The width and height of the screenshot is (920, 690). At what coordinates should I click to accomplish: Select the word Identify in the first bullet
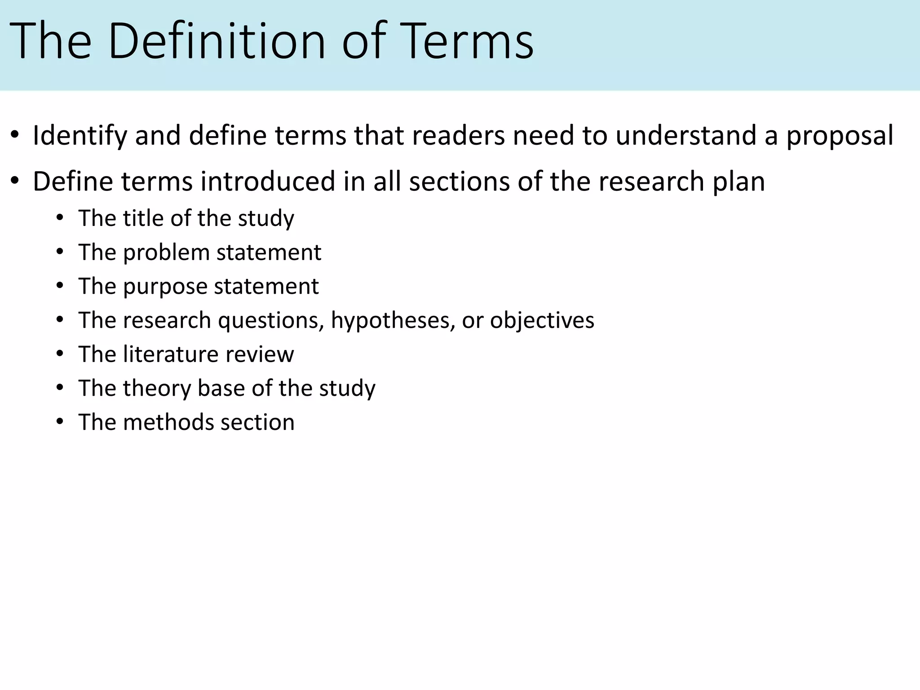pyautogui.click(x=80, y=136)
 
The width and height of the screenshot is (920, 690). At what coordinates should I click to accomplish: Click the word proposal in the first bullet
pyautogui.click(x=840, y=136)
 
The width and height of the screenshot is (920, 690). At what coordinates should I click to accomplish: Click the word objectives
pyautogui.click(x=542, y=321)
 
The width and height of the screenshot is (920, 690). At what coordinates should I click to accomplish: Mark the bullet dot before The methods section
pyautogui.click(x=60, y=423)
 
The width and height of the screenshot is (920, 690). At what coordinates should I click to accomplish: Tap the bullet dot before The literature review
pyautogui.click(x=60, y=354)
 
